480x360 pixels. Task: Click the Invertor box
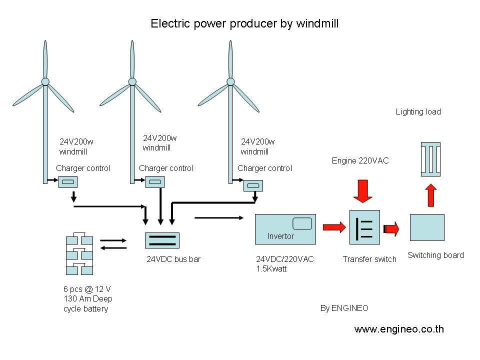[x=285, y=229]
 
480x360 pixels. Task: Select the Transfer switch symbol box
[x=365, y=227]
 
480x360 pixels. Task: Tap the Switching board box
[x=427, y=227]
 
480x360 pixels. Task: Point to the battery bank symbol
[x=79, y=253]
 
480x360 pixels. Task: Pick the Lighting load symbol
[x=430, y=158]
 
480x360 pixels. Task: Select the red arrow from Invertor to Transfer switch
[x=334, y=228]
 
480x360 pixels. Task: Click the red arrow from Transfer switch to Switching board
[x=391, y=229]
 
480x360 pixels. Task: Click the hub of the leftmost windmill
[x=45, y=81]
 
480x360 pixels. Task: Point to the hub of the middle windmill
[x=132, y=81]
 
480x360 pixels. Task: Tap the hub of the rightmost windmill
[x=230, y=81]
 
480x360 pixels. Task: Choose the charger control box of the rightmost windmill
[x=253, y=186]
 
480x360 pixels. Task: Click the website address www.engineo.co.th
[x=399, y=329]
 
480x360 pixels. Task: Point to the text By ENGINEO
[x=344, y=308]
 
